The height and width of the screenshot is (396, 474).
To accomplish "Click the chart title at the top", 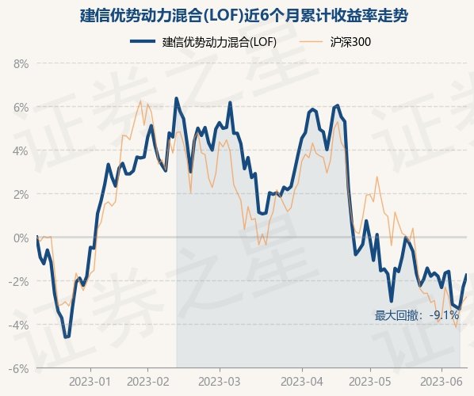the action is coord(243,16).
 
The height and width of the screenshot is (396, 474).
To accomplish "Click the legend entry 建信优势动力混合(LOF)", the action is coord(203,42).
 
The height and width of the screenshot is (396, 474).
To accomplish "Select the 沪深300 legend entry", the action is coord(334,42).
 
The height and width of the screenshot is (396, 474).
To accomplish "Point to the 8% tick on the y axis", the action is coord(21,63).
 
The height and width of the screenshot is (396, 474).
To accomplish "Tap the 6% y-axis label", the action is coord(21,107).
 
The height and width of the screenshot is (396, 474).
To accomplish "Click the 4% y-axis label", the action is coord(21,150).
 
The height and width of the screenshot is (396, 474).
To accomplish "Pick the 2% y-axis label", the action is coord(21,194).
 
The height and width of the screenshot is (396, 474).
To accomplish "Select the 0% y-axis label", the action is coord(21,238).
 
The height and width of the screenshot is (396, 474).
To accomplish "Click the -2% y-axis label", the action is coord(19,281).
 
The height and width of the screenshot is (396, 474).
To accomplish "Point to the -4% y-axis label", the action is coord(19,325).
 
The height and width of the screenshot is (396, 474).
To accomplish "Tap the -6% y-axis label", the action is coord(19,368).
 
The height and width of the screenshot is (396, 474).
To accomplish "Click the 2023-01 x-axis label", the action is coord(90,382).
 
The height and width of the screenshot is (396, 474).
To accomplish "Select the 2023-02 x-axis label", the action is coord(147,382).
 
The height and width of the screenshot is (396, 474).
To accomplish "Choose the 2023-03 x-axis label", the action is coord(220,382).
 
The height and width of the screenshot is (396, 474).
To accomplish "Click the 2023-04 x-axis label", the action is coord(302,382).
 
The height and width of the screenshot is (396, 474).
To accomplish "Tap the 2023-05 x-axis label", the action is coord(370,382).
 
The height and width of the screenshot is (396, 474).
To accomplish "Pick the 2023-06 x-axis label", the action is coord(442,382).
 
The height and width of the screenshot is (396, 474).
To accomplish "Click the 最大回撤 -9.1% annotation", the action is coord(417,315).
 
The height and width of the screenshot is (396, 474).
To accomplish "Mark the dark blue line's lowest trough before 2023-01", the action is coord(67,337).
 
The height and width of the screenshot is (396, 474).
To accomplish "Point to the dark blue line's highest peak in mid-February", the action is coord(177,98).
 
